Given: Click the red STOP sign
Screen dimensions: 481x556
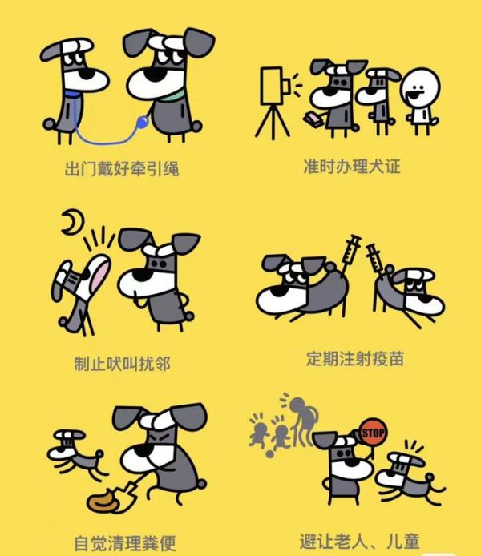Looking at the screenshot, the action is pos(373,432).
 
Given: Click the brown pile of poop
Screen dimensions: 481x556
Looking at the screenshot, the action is pos(103,501).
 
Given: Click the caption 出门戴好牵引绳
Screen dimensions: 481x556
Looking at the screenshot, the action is pos(122,169).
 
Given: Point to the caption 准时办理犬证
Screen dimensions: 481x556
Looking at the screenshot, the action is pos(352,166).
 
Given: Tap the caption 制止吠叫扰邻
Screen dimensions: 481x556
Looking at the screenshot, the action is pos(123,364).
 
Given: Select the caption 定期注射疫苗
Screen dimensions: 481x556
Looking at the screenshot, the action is pos(355,358).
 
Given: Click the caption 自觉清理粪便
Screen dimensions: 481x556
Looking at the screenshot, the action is pos(125,543).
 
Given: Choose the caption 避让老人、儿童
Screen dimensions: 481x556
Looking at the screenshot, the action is pos(360,541).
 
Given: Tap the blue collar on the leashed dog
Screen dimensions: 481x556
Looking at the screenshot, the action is pos(72,95).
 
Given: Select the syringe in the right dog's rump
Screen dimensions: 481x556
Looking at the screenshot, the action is pos(374,260).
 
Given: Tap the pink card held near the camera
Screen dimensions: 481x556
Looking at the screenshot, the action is pos(313,118).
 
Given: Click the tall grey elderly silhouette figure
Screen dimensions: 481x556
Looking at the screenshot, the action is pos(301,421).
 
